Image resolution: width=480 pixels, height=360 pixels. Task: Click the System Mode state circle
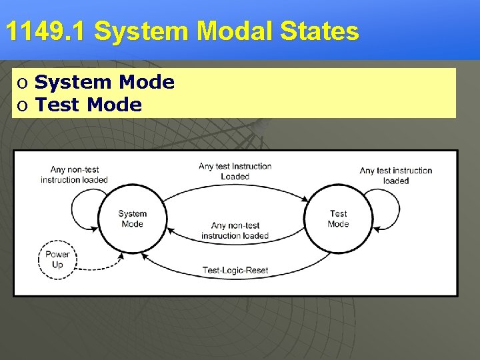pos(132,219)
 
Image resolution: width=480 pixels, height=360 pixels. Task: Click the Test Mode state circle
pos(338,219)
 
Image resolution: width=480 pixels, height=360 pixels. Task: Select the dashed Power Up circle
pos(57,259)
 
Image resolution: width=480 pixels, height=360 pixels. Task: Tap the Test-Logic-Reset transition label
pos(235,270)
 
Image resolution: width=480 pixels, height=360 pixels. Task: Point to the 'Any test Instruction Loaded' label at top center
pos(235,171)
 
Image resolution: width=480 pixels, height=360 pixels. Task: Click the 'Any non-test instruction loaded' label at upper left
pos(74,175)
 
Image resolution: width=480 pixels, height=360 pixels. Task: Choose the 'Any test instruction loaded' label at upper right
pos(396,175)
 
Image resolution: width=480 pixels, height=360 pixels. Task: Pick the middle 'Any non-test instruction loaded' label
pos(235,231)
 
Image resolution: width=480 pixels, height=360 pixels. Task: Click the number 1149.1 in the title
pos(45,31)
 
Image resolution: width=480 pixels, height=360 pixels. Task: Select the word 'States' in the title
pos(325,31)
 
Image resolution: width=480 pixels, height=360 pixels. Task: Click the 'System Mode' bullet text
pos(104,83)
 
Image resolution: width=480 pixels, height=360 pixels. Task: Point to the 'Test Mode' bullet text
pos(88,105)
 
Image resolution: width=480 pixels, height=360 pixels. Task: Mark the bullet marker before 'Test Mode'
pos(23,105)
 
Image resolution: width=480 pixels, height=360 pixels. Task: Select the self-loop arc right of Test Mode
pos(398,212)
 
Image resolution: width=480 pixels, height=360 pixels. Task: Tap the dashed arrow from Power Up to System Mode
pos(100,263)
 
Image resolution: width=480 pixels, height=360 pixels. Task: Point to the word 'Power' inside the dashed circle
pos(57,255)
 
